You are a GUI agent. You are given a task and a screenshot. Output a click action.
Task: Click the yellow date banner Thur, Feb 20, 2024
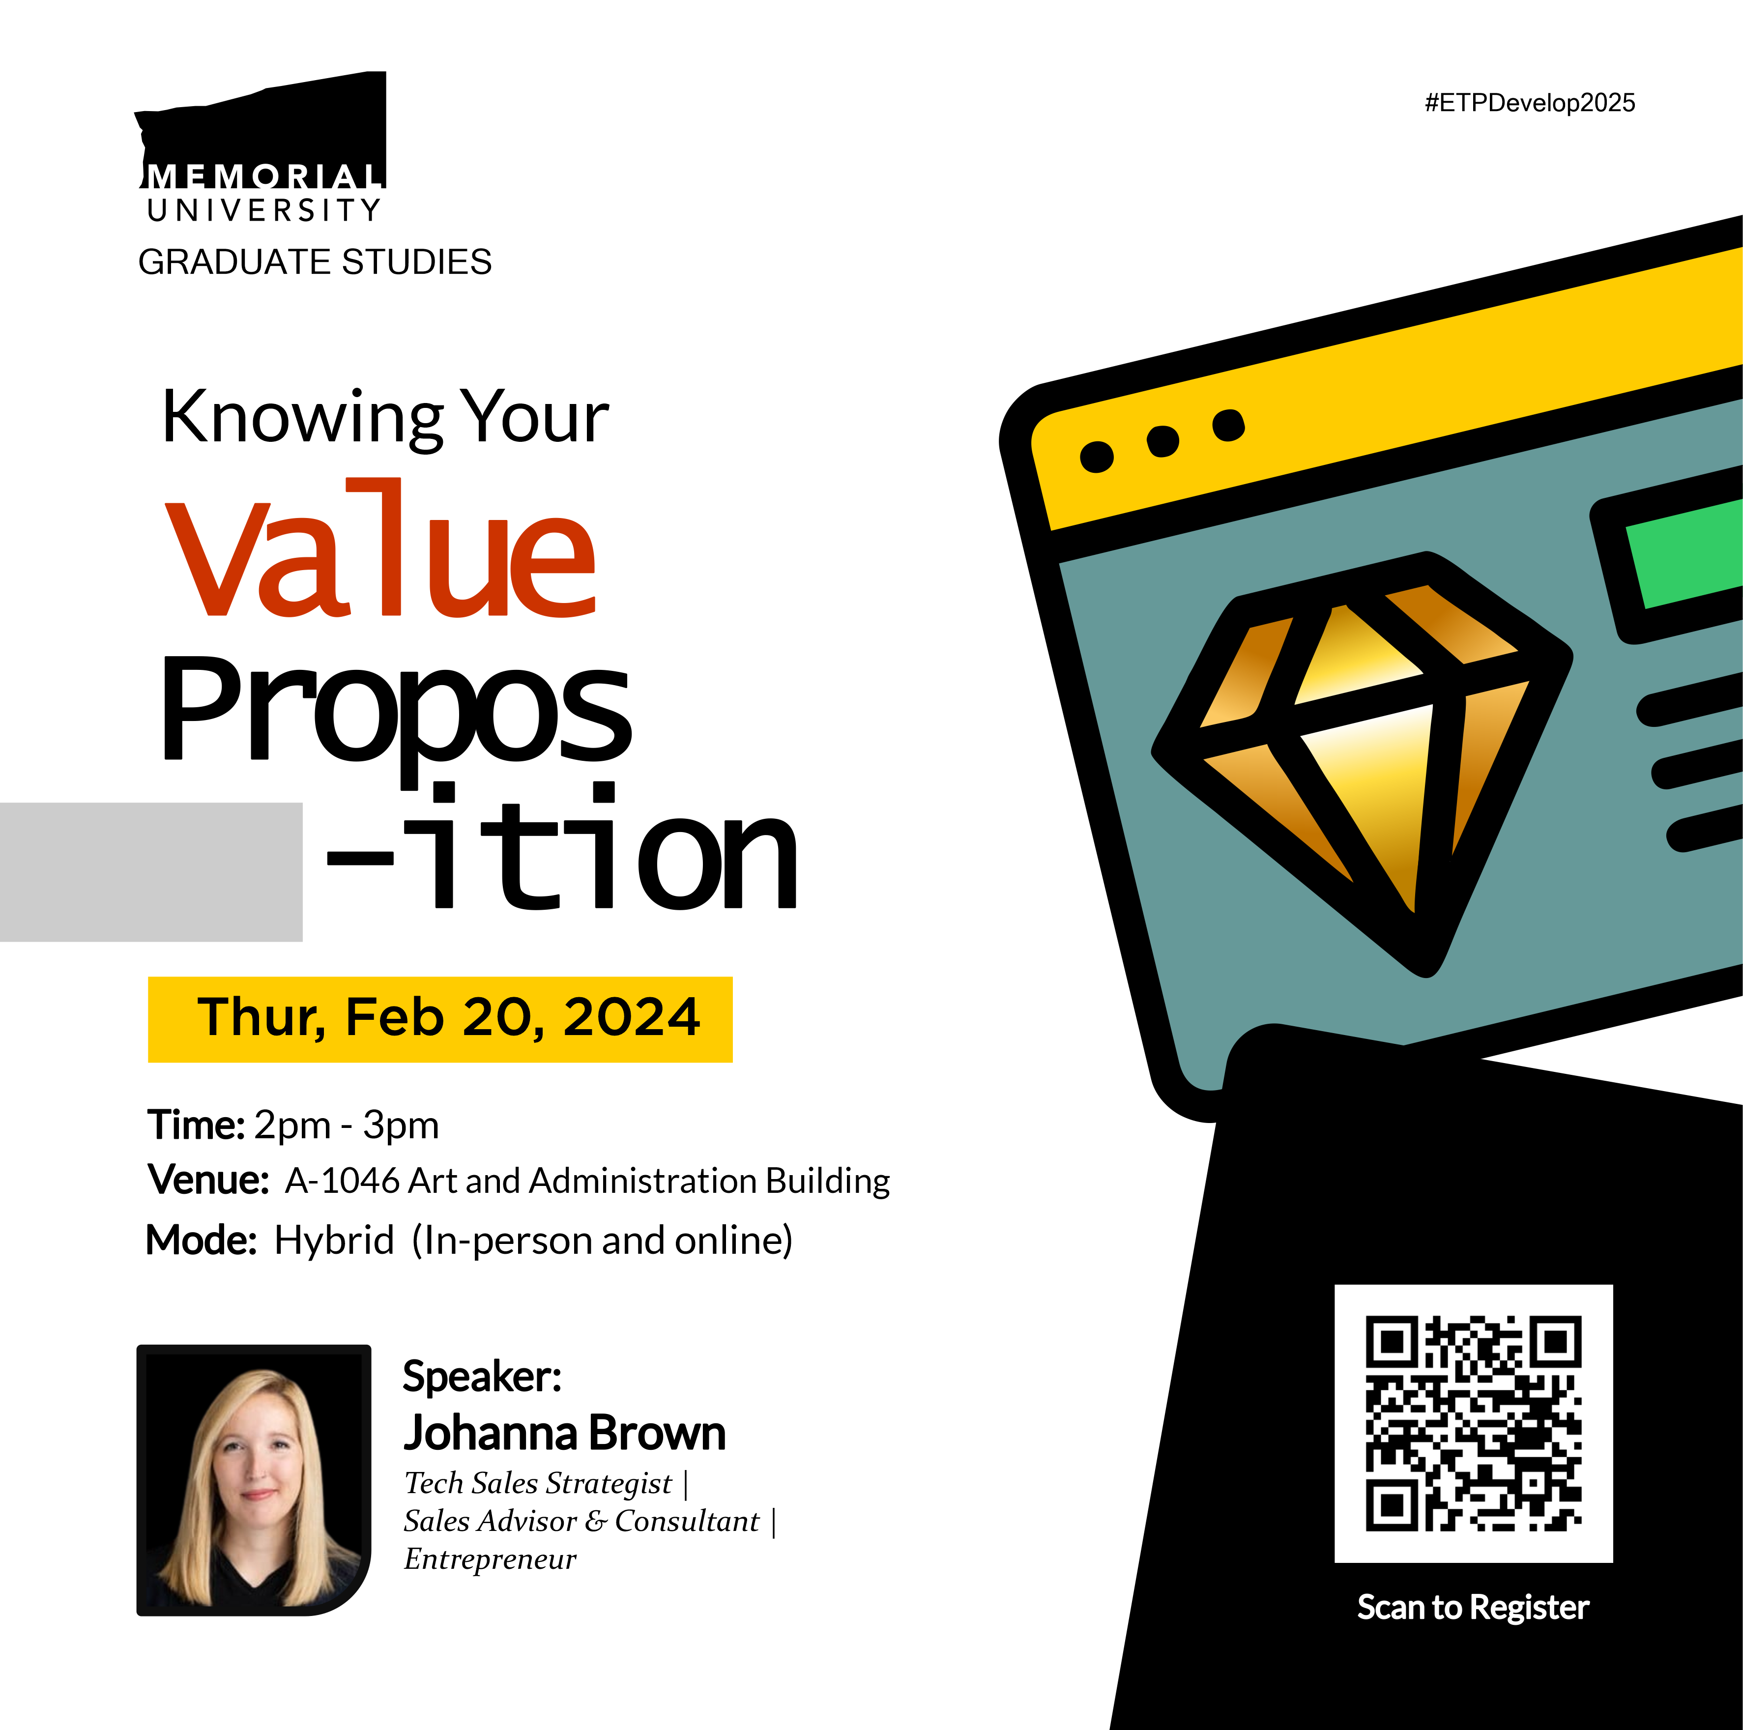point(440,1019)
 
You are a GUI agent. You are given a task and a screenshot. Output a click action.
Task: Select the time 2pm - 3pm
point(347,1125)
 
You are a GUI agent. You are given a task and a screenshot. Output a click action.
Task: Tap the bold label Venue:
point(208,1180)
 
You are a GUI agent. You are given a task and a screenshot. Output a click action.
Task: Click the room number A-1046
point(342,1181)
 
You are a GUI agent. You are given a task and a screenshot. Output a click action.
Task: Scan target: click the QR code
point(1473,1423)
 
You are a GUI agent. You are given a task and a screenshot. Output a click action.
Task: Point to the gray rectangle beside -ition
point(151,872)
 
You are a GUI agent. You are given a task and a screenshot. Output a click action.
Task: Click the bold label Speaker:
point(483,1377)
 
